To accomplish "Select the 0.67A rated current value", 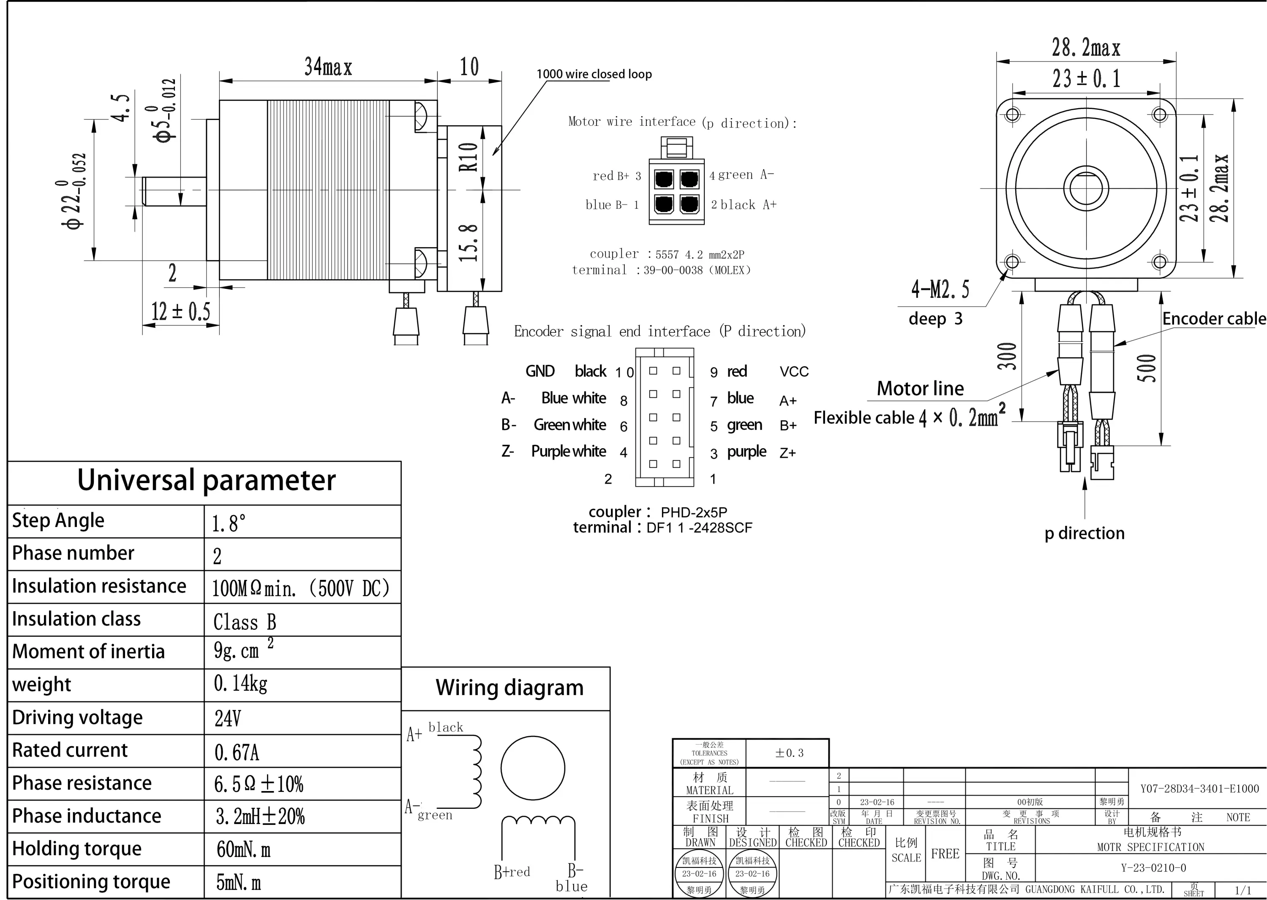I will click(237, 752).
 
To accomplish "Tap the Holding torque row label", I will click(77, 848).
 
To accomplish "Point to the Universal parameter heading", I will click(206, 480).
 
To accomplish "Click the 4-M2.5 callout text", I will click(940, 289).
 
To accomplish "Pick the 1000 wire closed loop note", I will click(594, 74).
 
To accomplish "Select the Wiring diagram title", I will click(510, 688).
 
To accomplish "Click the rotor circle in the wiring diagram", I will click(533, 768).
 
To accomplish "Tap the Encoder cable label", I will click(1214, 319).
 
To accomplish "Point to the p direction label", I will click(1084, 533).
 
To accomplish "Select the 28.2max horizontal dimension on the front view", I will click(1086, 48).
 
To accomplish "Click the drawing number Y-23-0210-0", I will click(1153, 868).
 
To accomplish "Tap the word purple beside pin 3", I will click(746, 451).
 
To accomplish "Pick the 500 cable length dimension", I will click(1147, 368).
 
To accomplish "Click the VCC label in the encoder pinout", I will click(794, 371).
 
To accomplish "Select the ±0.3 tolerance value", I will click(789, 753).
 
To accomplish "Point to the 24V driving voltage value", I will click(228, 719).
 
